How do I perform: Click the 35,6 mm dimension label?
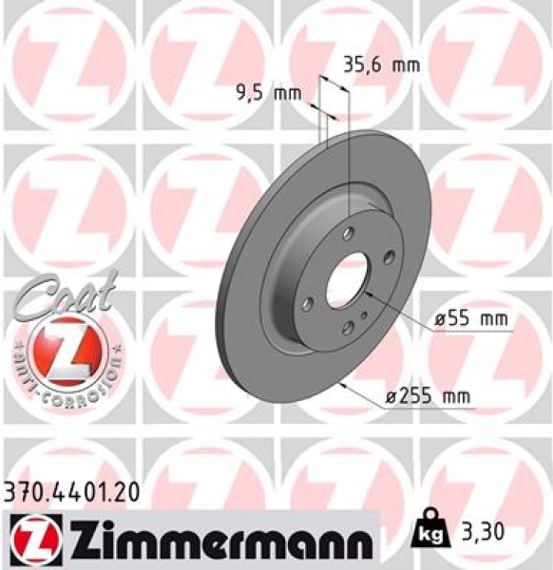379,66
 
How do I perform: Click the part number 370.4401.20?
72,491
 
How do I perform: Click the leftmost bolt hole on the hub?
306,304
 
